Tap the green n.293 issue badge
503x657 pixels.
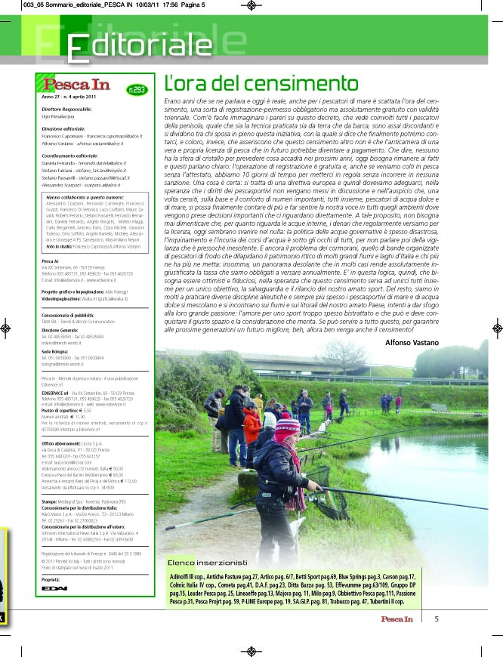click(137, 90)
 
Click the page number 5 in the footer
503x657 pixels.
click(437, 619)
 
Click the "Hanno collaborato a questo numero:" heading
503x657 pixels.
click(83, 196)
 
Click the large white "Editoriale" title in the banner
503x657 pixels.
click(139, 46)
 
